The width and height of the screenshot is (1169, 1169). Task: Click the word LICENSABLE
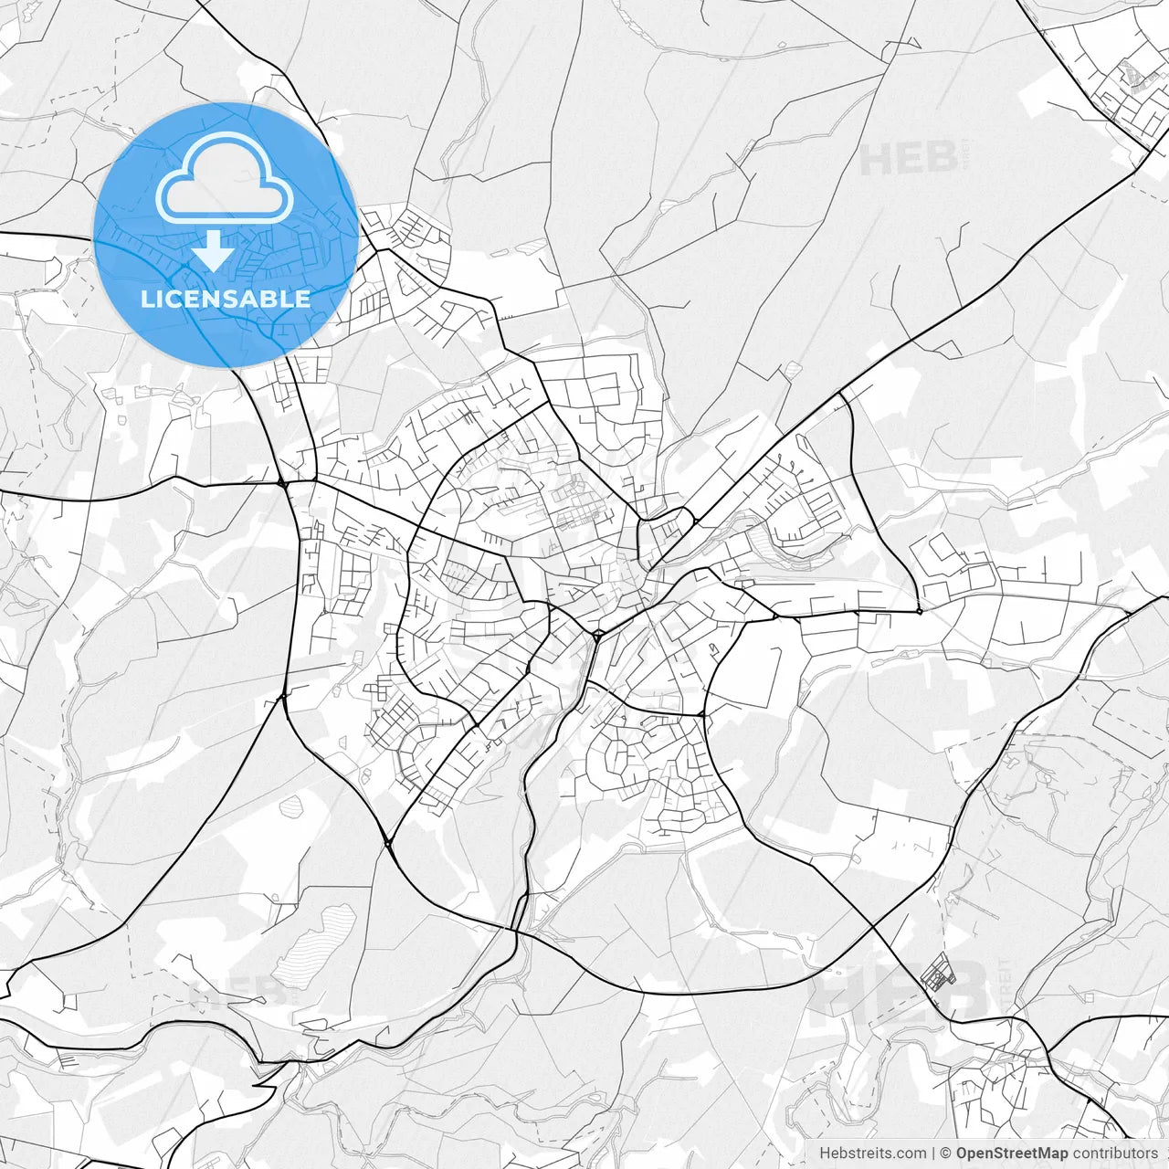pos(226,299)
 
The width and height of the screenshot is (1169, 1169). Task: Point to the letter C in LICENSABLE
pos(174,299)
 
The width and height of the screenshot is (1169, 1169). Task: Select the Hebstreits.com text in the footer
pos(872,1153)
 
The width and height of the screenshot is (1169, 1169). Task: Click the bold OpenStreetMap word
pos(1012,1153)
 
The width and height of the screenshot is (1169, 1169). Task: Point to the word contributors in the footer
pos(1116,1153)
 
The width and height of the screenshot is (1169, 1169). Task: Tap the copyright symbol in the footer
pos(947,1153)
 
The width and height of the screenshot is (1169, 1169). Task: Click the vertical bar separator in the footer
pos(933,1153)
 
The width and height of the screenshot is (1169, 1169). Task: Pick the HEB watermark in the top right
pos(908,159)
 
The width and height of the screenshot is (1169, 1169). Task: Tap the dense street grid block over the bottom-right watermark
pos(935,973)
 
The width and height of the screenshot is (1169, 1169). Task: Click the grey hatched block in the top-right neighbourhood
pos(1137,78)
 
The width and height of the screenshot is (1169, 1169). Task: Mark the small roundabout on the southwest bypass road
pos(389,842)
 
